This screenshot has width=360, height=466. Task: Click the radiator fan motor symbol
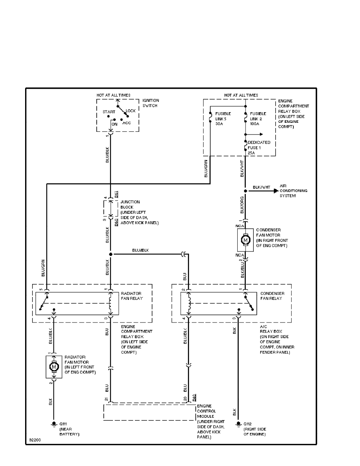pos(54,367)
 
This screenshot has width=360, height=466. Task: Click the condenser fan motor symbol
pos(245,240)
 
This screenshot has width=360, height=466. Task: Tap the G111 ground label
pos(63,424)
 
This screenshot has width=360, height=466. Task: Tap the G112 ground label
pos(247,424)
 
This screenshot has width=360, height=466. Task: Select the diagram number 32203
pos(35,440)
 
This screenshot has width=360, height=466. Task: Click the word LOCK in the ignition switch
pos(131,111)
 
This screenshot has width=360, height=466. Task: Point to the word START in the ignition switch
pos(109,112)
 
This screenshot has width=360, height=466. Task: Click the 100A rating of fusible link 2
pos(255,124)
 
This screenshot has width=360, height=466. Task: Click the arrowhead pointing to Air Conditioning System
pos(276,191)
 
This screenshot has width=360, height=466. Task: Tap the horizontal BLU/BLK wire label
pos(140,250)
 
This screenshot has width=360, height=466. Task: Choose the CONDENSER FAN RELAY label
pos(272,296)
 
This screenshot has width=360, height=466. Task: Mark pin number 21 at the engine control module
pos(106,399)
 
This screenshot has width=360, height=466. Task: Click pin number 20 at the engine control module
pos(185,399)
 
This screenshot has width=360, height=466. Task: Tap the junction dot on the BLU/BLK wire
pos(110,254)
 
